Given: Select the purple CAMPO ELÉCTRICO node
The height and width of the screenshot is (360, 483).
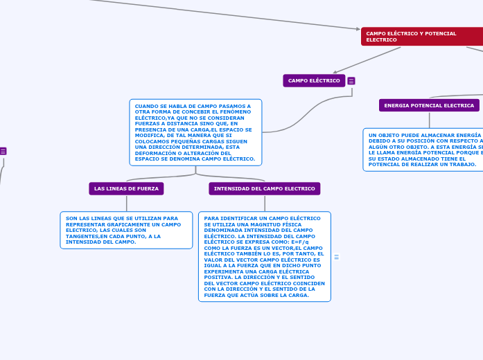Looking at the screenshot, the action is tap(314, 80).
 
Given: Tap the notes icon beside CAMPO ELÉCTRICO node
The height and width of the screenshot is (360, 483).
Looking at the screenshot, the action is tap(351, 81).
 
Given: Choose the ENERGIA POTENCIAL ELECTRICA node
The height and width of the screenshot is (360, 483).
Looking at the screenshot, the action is tap(429, 105).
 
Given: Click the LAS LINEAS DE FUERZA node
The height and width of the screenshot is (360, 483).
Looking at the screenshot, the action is tap(126, 188).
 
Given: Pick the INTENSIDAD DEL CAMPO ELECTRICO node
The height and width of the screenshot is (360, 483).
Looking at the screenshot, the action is tap(264, 188).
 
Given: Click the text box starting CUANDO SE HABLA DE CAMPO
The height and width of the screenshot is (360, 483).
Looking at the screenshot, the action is tap(195, 132).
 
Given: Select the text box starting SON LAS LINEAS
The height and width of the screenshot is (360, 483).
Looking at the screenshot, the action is tap(126, 230).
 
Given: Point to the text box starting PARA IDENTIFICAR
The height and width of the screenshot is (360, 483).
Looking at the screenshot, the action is tap(264, 256).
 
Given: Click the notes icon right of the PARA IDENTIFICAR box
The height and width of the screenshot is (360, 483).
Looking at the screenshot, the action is tap(337, 257).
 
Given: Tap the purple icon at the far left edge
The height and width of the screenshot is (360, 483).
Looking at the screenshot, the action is tap(3, 151).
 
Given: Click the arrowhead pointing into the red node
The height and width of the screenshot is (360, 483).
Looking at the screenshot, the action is tap(356, 29).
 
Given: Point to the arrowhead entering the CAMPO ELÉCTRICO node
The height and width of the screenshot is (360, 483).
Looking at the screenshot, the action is tap(336, 71).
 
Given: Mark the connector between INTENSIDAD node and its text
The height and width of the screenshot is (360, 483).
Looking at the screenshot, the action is tap(265, 203).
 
